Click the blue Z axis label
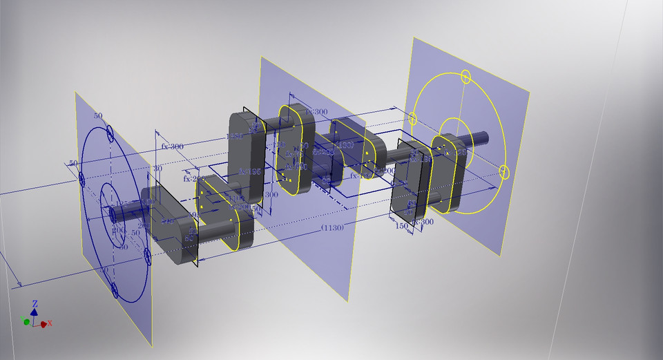[35, 303]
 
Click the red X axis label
[50, 323]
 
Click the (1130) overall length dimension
[334, 228]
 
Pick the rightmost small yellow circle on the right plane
[504, 171]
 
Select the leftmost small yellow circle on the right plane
[414, 118]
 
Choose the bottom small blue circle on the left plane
[115, 291]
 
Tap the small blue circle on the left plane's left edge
[81, 180]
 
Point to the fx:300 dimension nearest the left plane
[173, 146]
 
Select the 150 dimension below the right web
[401, 225]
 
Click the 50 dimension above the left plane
[97, 116]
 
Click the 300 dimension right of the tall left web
[271, 196]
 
